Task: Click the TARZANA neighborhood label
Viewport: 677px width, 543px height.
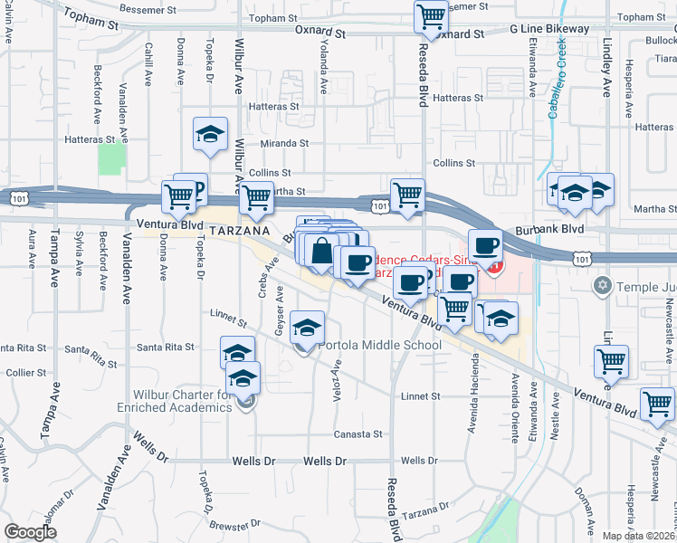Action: [x=241, y=232]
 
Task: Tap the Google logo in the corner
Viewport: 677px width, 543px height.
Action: [x=31, y=533]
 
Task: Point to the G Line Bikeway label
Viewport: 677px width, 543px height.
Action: [x=549, y=29]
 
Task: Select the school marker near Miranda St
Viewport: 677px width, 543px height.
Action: [x=210, y=135]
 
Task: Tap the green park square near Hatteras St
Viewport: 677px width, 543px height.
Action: [x=111, y=160]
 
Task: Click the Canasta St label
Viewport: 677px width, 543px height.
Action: [x=358, y=434]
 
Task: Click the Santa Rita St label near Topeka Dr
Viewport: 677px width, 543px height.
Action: [x=165, y=347]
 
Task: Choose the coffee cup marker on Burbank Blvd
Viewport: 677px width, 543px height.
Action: [x=485, y=245]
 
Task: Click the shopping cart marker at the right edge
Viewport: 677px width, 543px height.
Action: [x=656, y=404]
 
